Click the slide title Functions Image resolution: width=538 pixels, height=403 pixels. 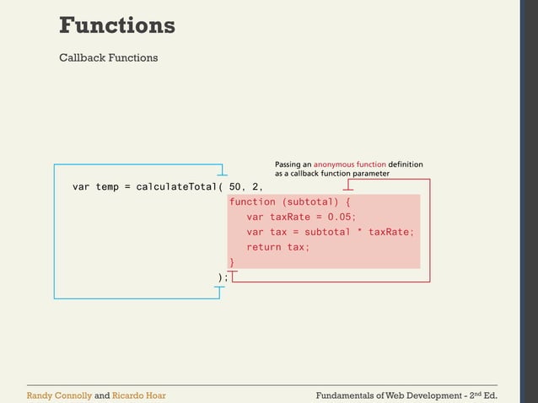pos(116,25)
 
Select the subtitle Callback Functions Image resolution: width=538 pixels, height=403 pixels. pos(108,58)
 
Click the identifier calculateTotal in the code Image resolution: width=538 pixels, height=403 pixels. pos(174,186)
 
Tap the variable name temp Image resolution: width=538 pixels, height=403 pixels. pos(106,186)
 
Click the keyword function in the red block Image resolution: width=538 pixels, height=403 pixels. pos(252,202)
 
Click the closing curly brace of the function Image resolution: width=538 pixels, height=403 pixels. pos(232,262)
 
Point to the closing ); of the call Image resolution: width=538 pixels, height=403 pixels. pos(223,277)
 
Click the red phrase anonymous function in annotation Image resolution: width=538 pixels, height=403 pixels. pos(350,164)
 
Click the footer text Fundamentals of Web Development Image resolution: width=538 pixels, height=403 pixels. pos(387,395)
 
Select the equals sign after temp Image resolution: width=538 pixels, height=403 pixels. pos(129,186)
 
